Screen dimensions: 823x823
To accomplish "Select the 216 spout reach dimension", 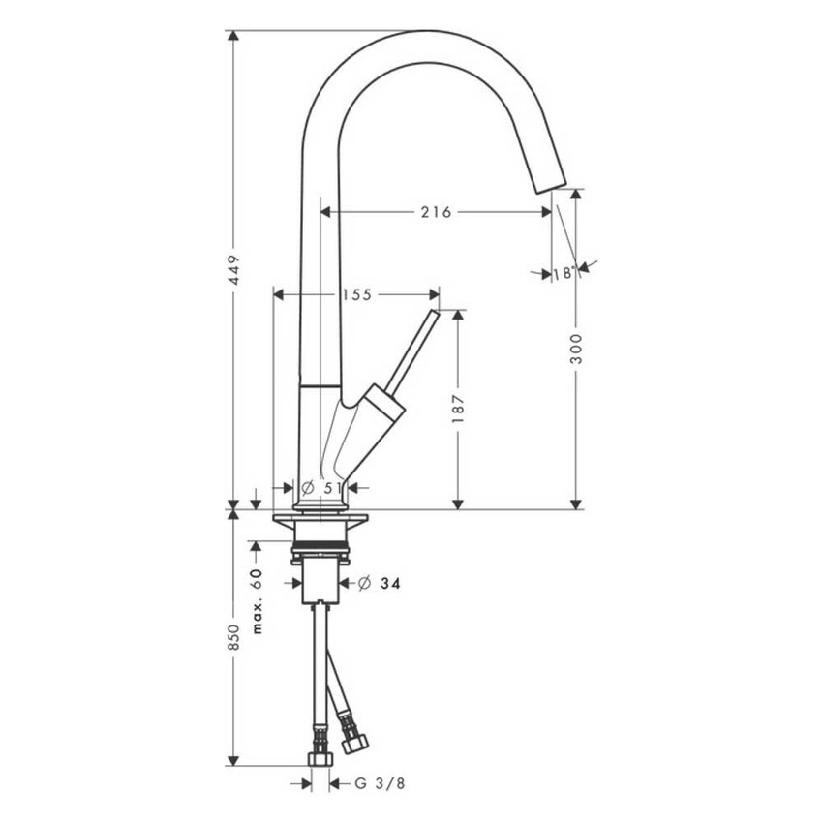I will [436, 211].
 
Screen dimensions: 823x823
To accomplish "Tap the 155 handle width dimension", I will [356, 293].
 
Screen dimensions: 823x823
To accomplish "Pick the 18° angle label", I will [564, 273].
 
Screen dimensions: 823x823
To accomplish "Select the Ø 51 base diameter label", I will [321, 487].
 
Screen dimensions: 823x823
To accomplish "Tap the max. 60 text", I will [258, 601].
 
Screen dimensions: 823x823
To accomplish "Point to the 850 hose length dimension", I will [233, 636].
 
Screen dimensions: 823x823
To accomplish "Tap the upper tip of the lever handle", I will [434, 315].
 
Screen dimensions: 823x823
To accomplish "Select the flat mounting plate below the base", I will [320, 523].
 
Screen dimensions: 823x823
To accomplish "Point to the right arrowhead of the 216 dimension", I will [548, 211].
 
